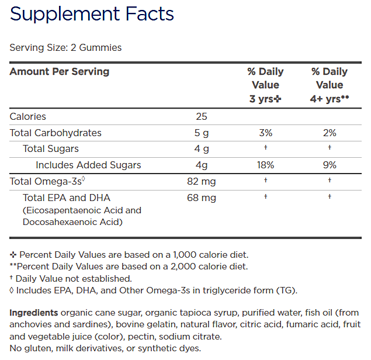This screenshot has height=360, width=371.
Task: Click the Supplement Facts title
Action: click(x=92, y=14)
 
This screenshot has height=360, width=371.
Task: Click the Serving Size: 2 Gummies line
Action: click(x=66, y=47)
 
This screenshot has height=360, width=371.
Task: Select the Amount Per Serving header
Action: click(x=60, y=72)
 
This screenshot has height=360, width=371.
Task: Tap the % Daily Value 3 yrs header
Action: click(x=265, y=85)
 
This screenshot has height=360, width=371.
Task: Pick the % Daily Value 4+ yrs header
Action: click(x=330, y=85)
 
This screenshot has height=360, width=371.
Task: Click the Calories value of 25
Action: click(x=202, y=117)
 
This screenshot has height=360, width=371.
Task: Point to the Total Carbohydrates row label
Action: click(x=56, y=133)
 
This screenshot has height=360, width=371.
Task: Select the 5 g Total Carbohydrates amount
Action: click(x=202, y=133)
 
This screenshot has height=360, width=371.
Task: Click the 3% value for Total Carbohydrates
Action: click(x=265, y=133)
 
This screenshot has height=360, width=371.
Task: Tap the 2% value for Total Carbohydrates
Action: click(x=330, y=133)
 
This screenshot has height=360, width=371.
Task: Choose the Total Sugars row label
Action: click(x=51, y=149)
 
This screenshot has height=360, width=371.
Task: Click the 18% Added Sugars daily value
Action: click(x=265, y=165)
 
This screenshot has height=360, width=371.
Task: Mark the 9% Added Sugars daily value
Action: click(x=330, y=165)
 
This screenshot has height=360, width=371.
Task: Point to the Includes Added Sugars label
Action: click(x=88, y=165)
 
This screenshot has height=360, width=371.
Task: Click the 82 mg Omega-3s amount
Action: click(x=202, y=182)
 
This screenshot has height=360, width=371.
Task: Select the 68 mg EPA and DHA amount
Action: click(x=202, y=198)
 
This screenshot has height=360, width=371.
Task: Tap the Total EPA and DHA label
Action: click(x=67, y=198)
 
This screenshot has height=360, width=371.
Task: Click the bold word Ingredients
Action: click(x=33, y=313)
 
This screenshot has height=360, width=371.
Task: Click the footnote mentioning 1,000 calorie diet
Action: click(x=129, y=255)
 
